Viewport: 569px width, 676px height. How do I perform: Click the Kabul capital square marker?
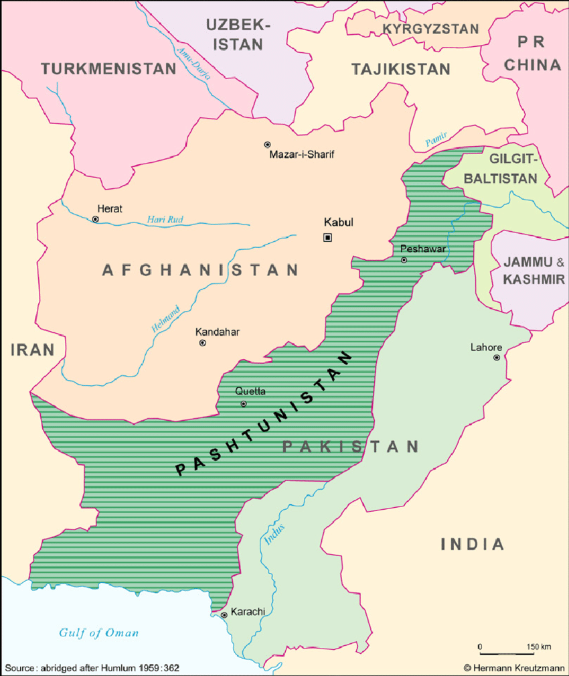click(x=327, y=237)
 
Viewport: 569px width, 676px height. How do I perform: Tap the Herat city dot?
click(x=96, y=219)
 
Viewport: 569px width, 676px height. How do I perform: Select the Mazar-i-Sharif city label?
click(x=301, y=155)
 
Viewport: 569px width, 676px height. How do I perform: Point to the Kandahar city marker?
click(x=203, y=343)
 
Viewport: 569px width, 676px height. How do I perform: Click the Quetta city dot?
click(x=244, y=404)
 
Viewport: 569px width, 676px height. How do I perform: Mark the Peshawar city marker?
click(x=404, y=259)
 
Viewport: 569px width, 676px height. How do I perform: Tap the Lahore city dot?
click(x=497, y=358)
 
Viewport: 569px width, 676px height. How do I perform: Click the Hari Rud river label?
click(x=165, y=219)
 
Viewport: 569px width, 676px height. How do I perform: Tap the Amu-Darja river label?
click(x=193, y=63)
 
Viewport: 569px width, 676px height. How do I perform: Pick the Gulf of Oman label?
click(x=98, y=632)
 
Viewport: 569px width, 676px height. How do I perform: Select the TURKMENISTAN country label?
click(x=108, y=68)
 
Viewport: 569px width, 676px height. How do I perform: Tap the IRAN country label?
click(x=31, y=349)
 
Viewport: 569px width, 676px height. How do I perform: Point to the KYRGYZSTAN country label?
click(x=430, y=29)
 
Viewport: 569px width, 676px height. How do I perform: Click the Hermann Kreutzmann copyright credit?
click(x=513, y=667)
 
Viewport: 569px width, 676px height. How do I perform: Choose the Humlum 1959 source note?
click(x=92, y=668)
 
